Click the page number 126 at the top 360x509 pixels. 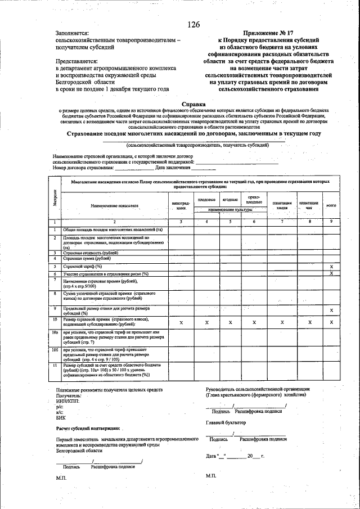click(x=193, y=25)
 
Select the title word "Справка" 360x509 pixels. click(x=193, y=104)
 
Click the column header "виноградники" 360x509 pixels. click(x=181, y=205)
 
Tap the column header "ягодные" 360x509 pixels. click(x=230, y=200)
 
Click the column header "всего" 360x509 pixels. click(x=331, y=205)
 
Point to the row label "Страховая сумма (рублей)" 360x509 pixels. click(x=88, y=259)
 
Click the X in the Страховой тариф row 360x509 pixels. click(x=331, y=266)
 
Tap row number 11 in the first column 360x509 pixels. click(x=55, y=366)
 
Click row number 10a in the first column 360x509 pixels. click(x=55, y=333)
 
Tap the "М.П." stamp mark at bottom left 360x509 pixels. click(x=61, y=477)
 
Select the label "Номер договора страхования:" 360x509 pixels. click(x=84, y=168)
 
